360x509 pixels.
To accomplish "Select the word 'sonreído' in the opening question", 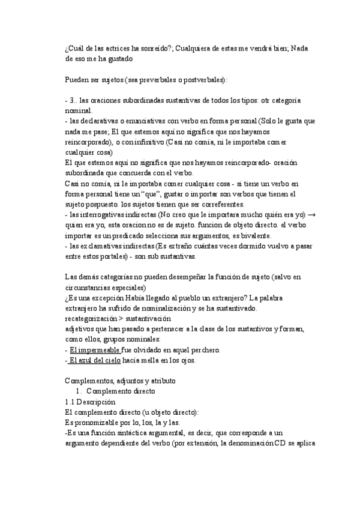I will click(158, 47).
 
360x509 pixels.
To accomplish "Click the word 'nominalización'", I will click(152, 309).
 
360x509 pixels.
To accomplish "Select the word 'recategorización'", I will click(91, 319).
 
